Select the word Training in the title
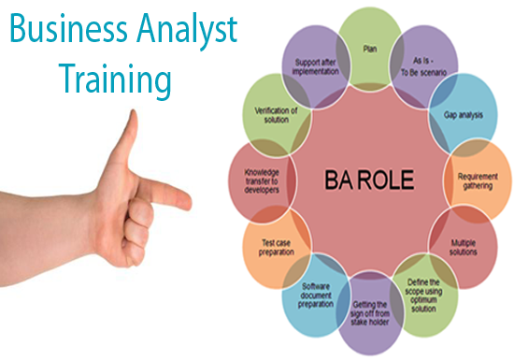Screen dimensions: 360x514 117,78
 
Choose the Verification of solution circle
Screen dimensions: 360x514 274,114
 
